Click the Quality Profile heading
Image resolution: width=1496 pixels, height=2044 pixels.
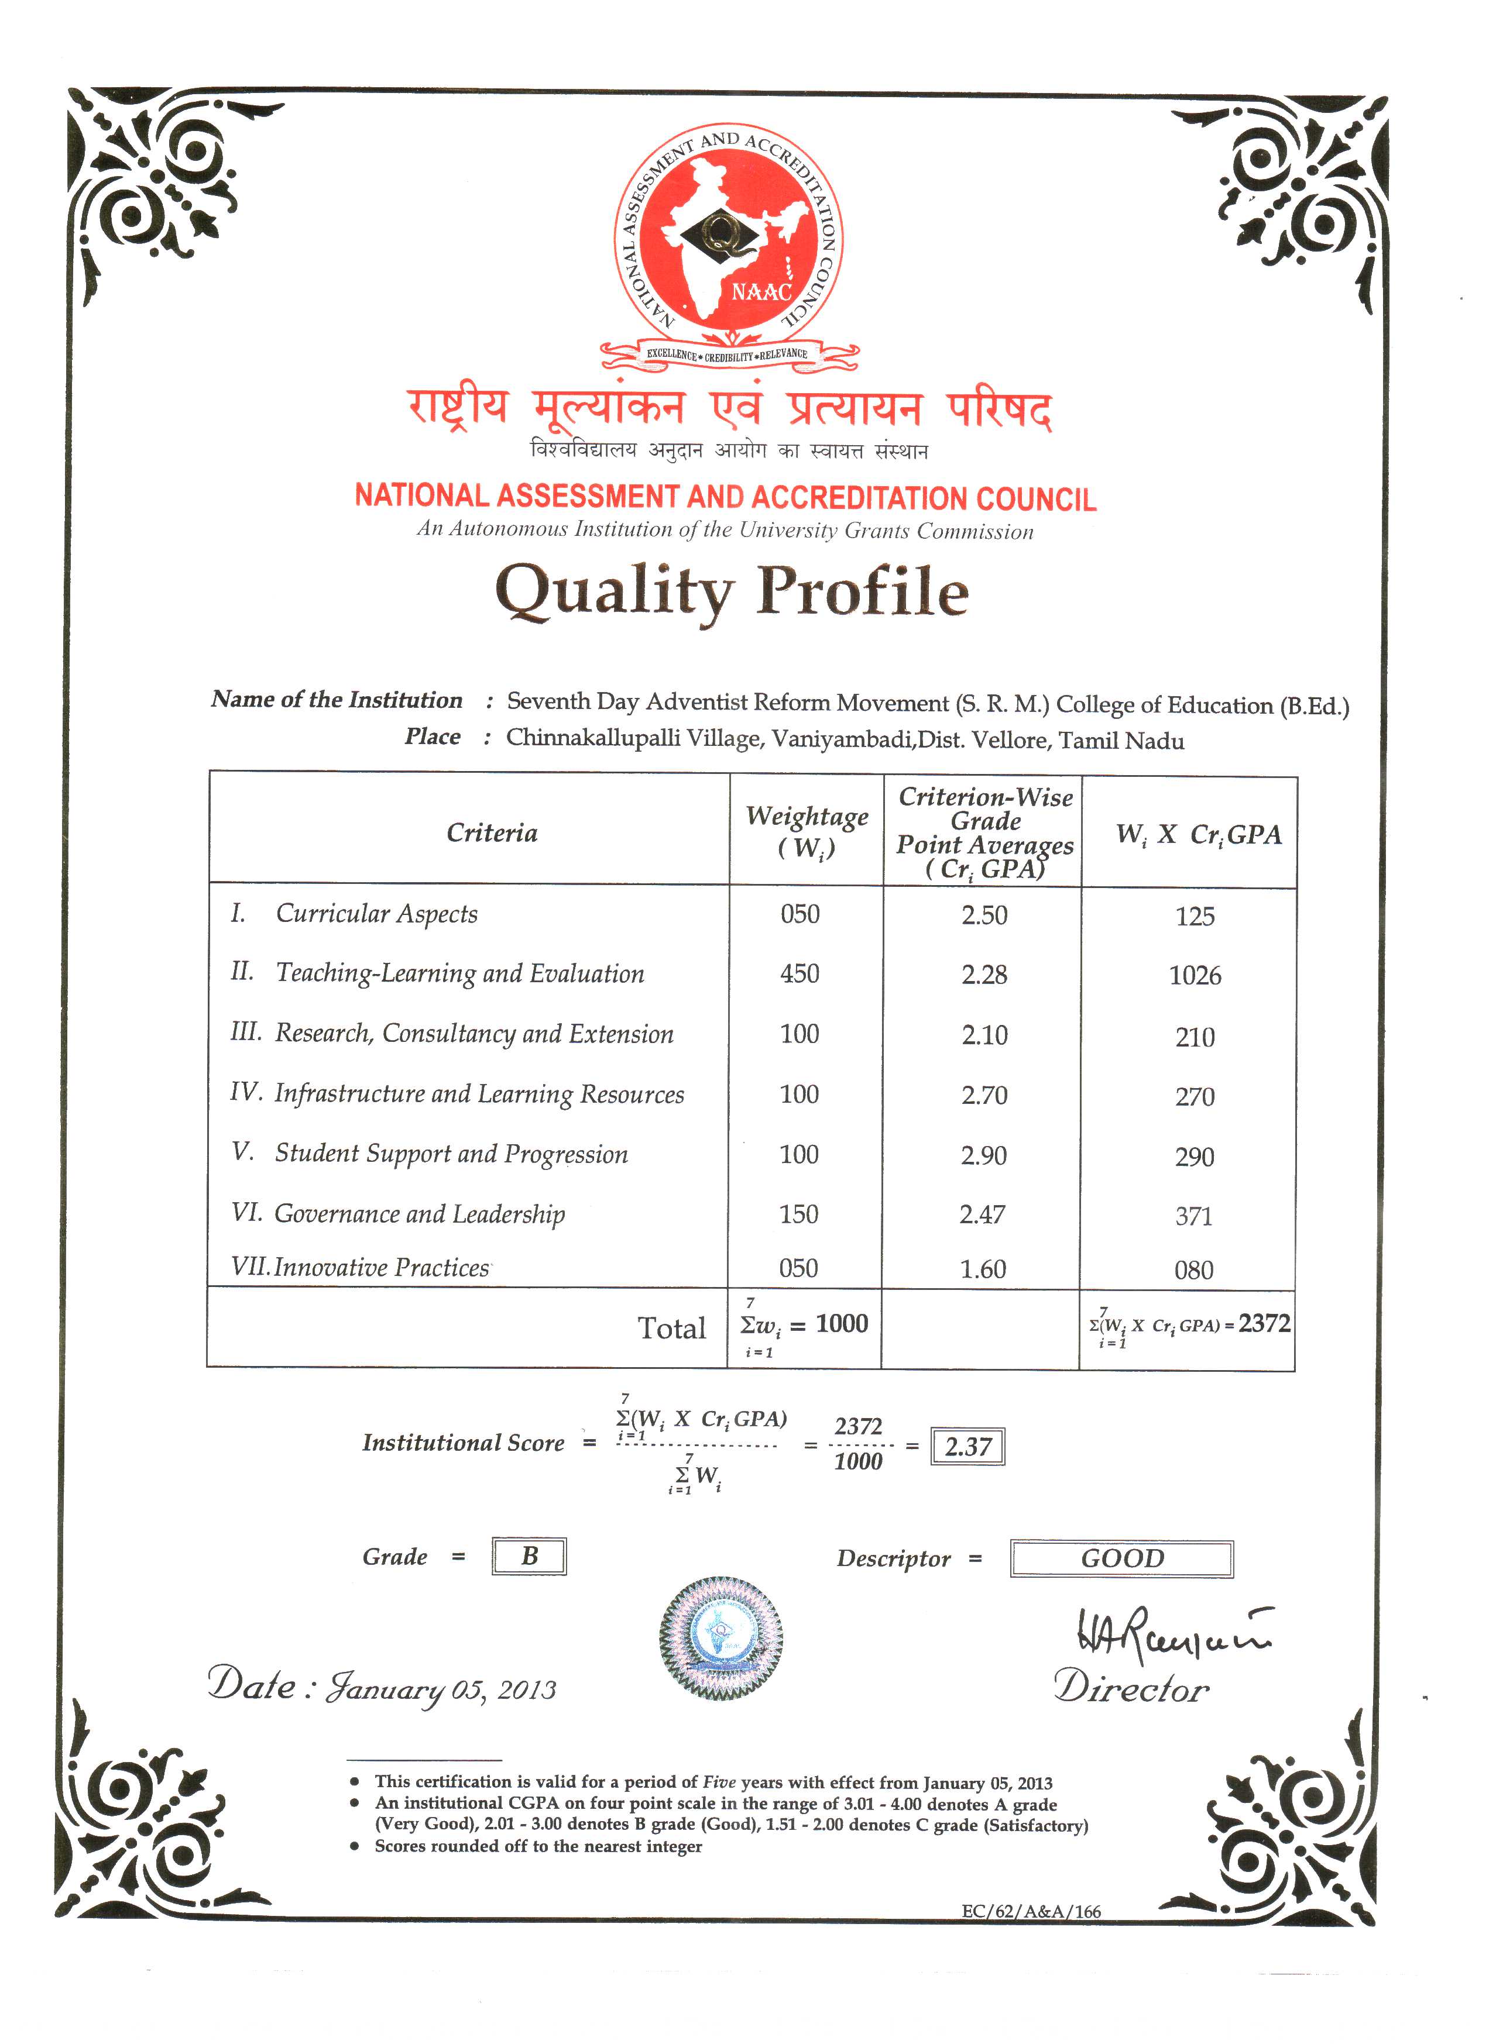(732, 591)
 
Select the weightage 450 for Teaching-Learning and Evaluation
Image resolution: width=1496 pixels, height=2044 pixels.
(800, 974)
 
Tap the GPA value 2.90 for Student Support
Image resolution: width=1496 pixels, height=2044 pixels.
(983, 1155)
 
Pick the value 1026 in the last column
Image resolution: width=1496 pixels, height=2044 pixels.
(1195, 976)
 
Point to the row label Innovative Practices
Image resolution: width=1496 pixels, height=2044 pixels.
(381, 1267)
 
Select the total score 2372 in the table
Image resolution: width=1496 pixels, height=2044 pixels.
(1264, 1323)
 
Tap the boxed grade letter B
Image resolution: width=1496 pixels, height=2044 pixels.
(530, 1556)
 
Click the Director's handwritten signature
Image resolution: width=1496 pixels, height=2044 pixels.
(1171, 1635)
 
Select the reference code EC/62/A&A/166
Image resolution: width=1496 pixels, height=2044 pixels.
(1031, 1911)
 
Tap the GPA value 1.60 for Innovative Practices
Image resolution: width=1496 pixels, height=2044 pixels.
(983, 1269)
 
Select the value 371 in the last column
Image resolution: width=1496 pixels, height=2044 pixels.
(1193, 1216)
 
